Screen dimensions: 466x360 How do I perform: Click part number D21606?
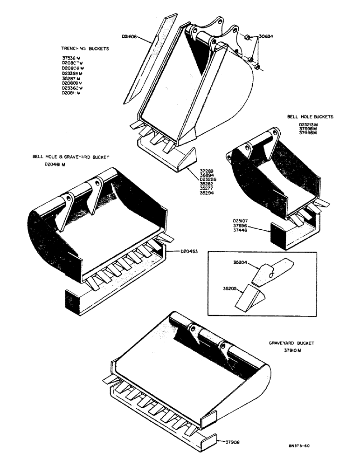click(129, 34)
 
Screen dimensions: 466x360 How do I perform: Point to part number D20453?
click(190, 252)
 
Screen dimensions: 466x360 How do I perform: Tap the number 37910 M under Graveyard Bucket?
click(291, 351)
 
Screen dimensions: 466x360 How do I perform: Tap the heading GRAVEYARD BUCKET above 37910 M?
click(291, 343)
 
